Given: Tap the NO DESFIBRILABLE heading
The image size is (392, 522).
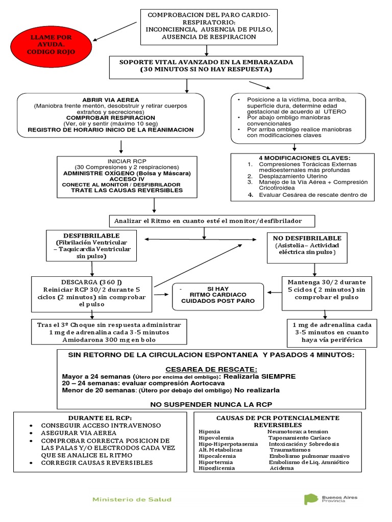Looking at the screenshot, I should (307, 238).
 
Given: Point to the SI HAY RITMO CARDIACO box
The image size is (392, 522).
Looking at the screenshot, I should (218, 295).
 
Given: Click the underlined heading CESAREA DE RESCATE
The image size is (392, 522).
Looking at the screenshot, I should (211, 369).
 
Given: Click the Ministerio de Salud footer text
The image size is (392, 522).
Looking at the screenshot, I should (132, 500).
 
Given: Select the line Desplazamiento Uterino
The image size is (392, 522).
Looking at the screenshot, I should (288, 175).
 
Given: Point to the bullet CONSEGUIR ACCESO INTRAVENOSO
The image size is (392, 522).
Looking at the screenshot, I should (101, 425).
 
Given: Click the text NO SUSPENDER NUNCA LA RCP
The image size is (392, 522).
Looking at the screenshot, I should (211, 404).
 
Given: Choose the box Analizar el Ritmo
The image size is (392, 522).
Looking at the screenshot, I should (208, 221).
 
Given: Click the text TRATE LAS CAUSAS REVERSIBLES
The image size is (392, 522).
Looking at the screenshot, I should (127, 190).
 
